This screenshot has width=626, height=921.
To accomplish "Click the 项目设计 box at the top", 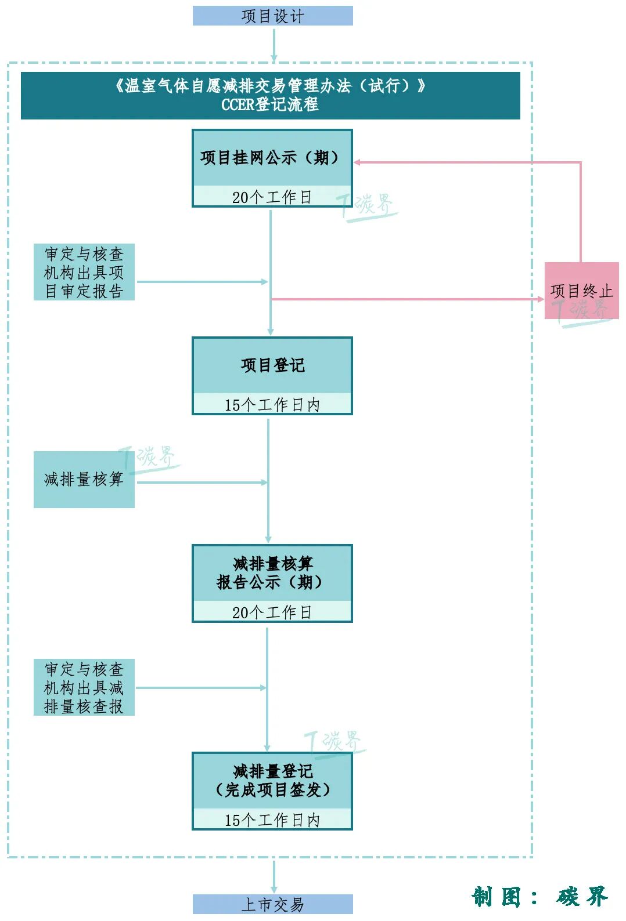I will [272, 16].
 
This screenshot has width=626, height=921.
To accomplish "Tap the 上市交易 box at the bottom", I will [272, 904].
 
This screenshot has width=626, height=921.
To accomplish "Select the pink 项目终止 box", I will [581, 290].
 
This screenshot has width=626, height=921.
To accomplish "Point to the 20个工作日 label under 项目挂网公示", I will [272, 197].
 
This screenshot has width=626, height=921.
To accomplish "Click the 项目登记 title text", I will [272, 365].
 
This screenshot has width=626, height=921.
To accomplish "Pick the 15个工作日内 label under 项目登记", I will [272, 405].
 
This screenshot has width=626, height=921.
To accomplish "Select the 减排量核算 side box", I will [84, 479].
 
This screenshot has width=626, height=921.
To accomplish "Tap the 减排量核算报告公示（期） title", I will [272, 573].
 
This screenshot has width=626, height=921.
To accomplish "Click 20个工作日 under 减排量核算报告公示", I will [272, 612].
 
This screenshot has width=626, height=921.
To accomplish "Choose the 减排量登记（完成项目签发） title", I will [272, 781].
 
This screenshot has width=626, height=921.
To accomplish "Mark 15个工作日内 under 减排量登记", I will [272, 820].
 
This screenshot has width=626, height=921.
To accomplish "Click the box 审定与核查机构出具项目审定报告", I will [84, 272].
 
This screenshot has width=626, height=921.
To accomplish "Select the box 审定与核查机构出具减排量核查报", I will [84, 687].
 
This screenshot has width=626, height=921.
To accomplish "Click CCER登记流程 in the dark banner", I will [270, 105].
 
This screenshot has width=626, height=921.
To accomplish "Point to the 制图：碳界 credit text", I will [539, 897].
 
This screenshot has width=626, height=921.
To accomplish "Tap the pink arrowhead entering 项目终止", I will [540, 299].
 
